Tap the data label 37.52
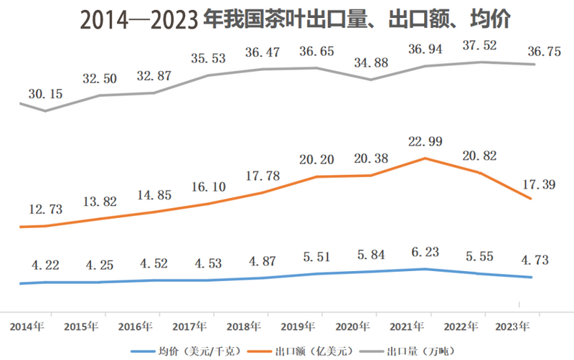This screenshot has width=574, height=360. [481, 45]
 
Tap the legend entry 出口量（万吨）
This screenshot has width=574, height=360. [414, 351]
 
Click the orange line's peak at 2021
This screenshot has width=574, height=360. [425, 158]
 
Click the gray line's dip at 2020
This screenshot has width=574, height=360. [371, 79]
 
